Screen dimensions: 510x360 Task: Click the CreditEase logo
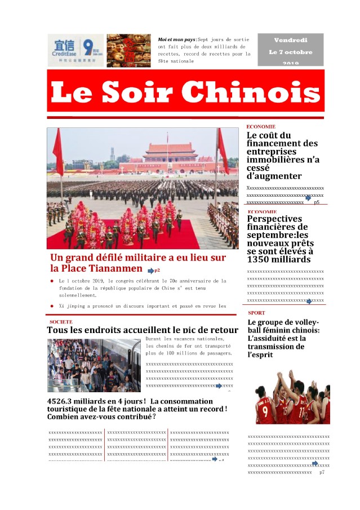[x=76, y=50]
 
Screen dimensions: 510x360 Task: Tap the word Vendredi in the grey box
[x=291, y=41]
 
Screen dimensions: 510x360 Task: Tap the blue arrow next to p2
[x=150, y=271]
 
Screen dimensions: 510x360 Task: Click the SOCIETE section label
[x=61, y=322]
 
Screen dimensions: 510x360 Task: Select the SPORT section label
[x=256, y=312]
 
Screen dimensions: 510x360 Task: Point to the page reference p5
[x=317, y=201]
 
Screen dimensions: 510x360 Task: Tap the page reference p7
[x=322, y=472]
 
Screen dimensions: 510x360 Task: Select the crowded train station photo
[x=94, y=365]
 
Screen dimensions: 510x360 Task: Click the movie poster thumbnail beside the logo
[x=129, y=50]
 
